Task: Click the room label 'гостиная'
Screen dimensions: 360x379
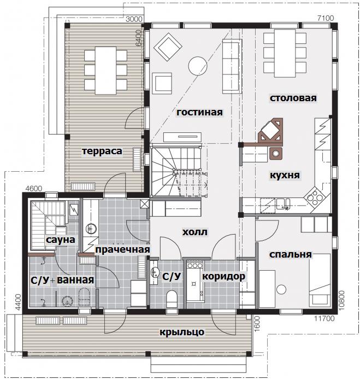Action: [199, 113]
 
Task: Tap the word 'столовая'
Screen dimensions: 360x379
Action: [293, 98]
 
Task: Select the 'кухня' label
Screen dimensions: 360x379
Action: [285, 175]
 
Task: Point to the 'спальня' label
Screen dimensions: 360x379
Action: [290, 254]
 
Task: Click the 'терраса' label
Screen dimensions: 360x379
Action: [102, 151]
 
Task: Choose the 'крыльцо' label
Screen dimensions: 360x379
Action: [182, 332]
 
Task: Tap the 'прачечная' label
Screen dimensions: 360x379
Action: [123, 249]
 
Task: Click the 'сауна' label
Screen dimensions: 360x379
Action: [61, 240]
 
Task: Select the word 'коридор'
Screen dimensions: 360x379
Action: [223, 276]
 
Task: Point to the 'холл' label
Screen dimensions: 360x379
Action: [194, 232]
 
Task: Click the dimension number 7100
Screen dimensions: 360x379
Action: [326, 18]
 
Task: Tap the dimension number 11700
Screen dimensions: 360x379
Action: [324, 319]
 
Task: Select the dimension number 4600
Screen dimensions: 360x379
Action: [33, 188]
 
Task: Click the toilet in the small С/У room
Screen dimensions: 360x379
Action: [172, 299]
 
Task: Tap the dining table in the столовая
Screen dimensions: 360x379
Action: [285, 53]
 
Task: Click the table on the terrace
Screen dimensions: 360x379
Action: [106, 71]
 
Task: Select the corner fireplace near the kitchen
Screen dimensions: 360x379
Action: [270, 131]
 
